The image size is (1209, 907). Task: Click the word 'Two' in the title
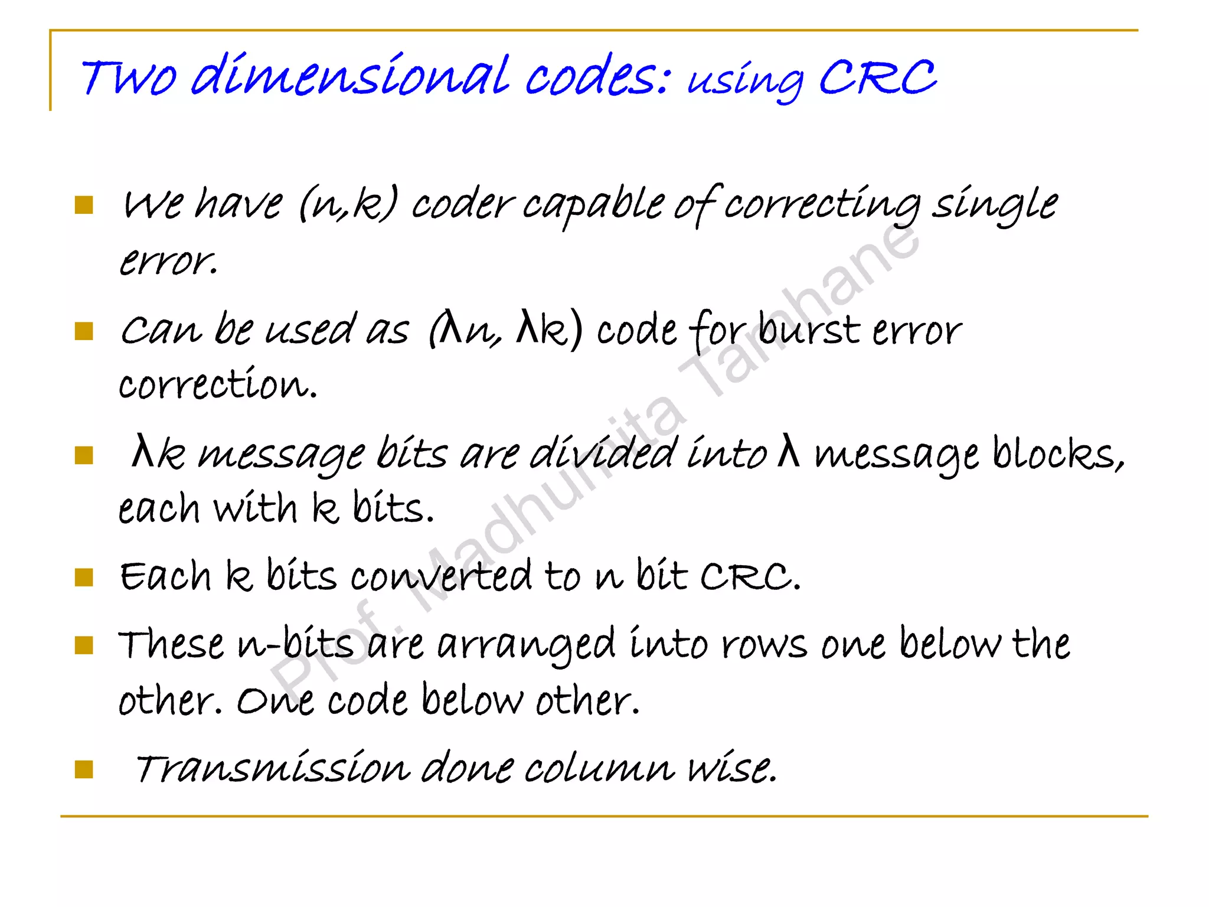[128, 78]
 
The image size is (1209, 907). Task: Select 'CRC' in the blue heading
[877, 78]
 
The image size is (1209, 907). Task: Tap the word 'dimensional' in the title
[349, 77]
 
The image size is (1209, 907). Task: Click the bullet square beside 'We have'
[84, 205]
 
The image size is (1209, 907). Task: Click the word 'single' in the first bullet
[995, 204]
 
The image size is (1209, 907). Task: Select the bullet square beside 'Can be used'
[84, 331]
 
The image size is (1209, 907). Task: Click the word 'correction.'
[218, 384]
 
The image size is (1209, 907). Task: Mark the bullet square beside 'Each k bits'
[84, 578]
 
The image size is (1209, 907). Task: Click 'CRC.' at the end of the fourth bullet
[750, 576]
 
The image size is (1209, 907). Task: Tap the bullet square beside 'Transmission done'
[84, 769]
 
